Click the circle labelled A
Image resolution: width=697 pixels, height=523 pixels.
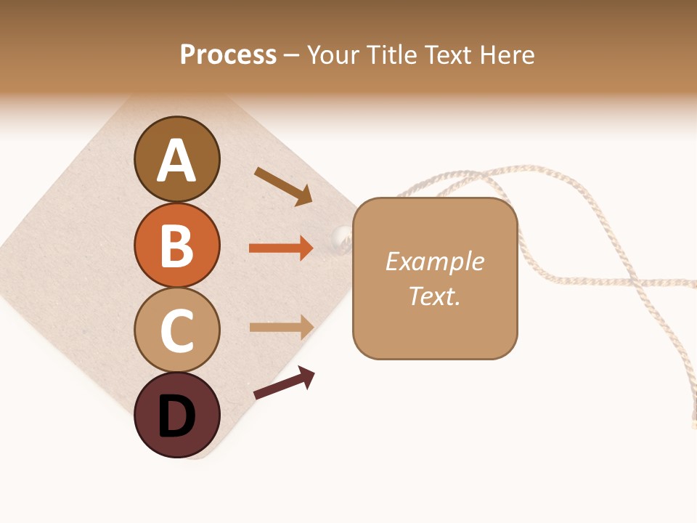click(176, 160)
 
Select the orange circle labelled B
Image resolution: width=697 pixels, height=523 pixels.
click(176, 245)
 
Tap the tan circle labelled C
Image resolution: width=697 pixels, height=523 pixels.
click(176, 330)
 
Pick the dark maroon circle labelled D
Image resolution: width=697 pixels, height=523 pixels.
click(176, 415)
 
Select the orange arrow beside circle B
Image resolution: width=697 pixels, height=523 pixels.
click(281, 248)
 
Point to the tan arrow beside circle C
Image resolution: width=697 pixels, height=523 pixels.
click(281, 327)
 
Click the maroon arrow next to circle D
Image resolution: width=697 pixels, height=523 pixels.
click(284, 383)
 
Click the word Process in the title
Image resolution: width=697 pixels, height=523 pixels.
click(228, 54)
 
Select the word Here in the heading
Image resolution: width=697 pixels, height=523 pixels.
click(508, 54)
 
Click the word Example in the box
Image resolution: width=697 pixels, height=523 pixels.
click(434, 261)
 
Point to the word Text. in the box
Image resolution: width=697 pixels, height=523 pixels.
click(434, 296)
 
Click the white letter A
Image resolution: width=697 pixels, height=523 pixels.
click(176, 161)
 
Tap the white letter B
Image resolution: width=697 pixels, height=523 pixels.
click(176, 246)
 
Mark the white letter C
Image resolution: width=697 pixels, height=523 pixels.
click(176, 331)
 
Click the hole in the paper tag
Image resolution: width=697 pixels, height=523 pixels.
click(341, 235)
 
